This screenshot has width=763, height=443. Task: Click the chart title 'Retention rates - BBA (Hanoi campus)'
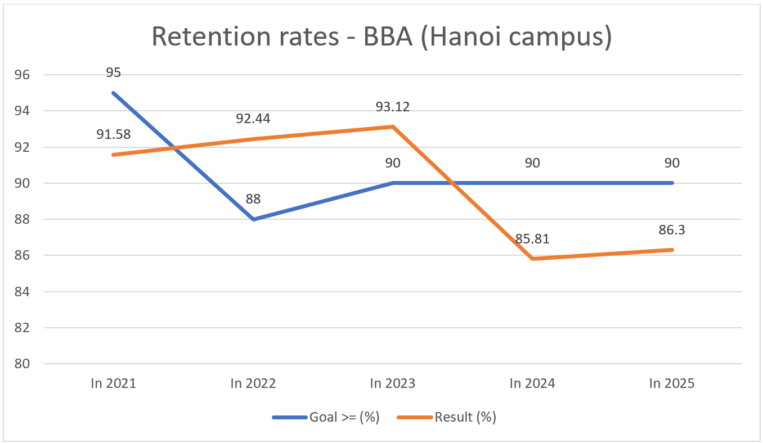coord(381,37)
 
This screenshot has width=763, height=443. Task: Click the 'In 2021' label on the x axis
coord(114,383)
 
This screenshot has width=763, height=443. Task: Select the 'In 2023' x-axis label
coord(393,383)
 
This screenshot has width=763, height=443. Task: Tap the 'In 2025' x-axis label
coord(672,383)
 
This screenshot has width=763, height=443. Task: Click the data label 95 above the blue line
coord(114,73)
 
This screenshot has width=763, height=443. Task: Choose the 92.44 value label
coord(253,119)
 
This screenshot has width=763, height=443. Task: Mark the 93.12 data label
coord(393,106)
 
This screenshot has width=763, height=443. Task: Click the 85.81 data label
coord(532,238)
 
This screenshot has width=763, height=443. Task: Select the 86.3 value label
coord(672,229)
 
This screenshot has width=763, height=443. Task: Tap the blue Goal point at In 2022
coord(253,219)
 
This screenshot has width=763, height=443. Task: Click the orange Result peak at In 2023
coord(393,126)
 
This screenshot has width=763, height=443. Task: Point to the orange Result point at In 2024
coord(532,259)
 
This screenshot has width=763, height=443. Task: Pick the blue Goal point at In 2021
coord(114,93)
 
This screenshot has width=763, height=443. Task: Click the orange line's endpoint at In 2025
coord(672,250)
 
